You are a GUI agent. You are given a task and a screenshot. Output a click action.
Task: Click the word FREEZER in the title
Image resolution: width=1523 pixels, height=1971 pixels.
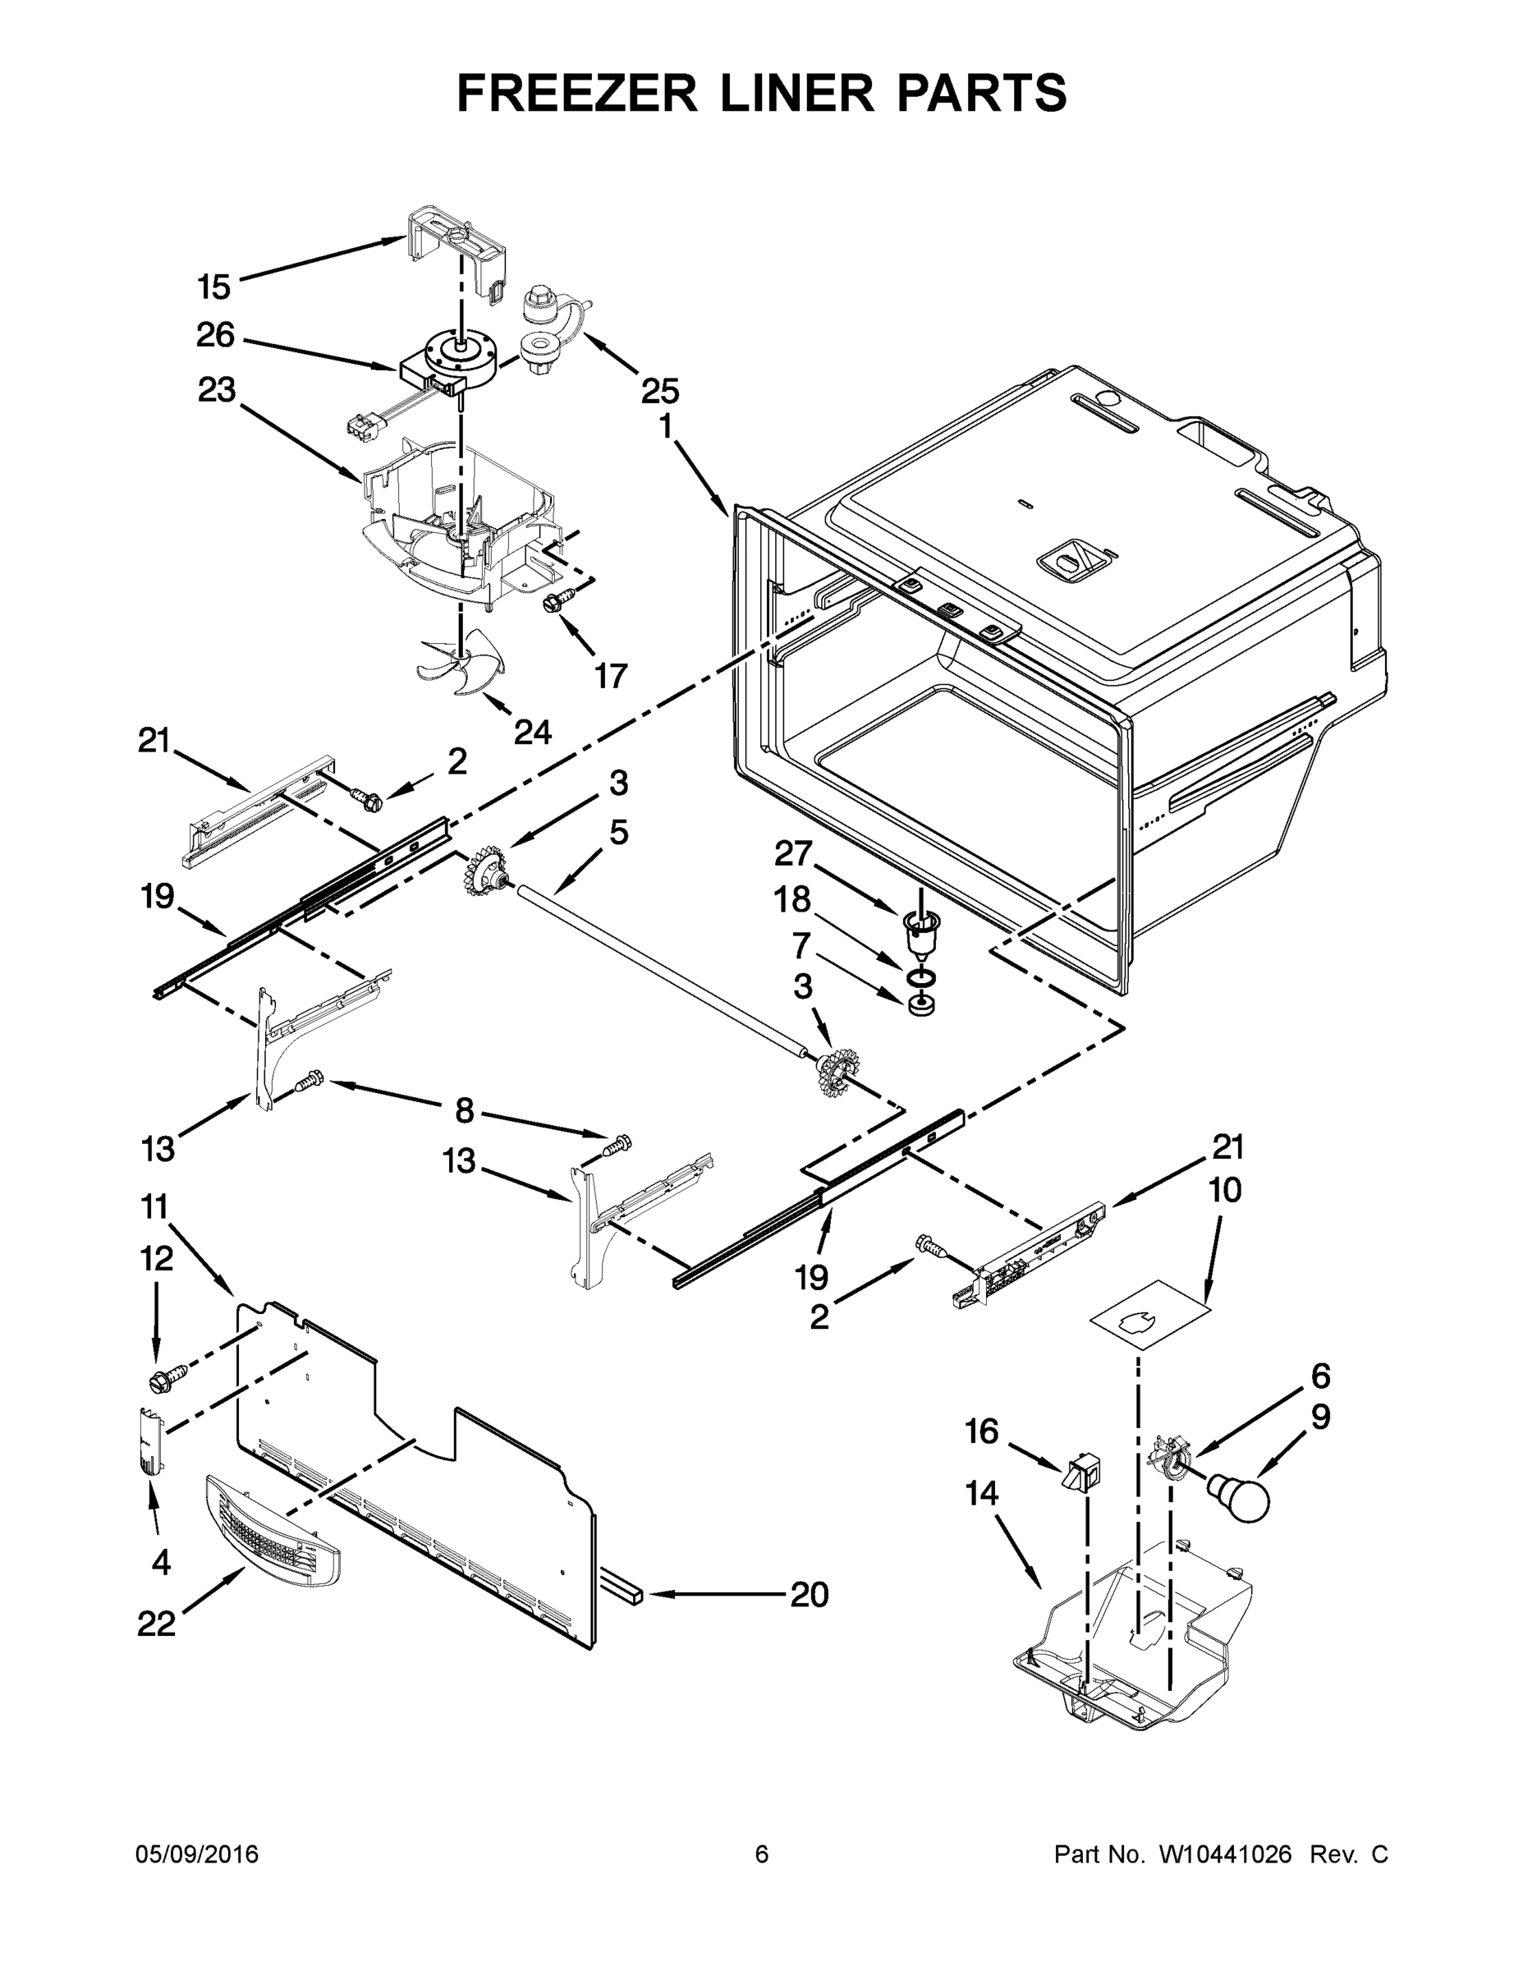[576, 94]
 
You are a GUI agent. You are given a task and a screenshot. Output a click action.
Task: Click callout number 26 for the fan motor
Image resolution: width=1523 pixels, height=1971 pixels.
[215, 336]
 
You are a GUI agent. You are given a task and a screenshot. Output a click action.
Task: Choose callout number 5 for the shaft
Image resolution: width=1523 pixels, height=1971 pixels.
[618, 832]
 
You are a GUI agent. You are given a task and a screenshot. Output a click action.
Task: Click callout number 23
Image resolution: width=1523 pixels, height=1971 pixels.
[217, 390]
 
